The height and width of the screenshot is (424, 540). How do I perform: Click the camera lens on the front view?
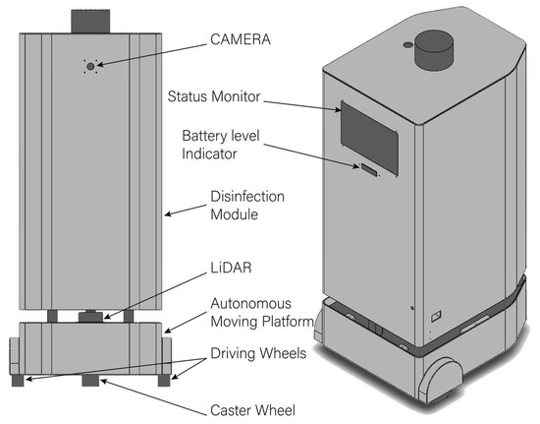pos(91,66)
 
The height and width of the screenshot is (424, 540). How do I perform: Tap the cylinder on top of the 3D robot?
pos(432,47)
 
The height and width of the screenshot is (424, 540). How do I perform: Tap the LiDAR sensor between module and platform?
pos(91,317)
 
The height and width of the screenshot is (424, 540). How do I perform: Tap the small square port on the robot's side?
pos(436,317)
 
